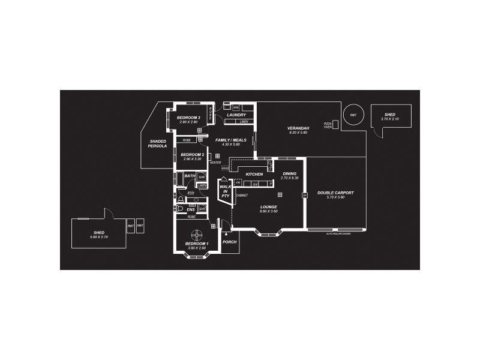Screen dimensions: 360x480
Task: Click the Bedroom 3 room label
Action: pos(188,117)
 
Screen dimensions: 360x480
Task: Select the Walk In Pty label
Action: pos(226,191)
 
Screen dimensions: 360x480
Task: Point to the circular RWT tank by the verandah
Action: pos(353,114)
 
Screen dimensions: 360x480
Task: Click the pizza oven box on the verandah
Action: pos(335,124)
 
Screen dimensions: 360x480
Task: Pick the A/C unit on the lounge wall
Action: pos(304,195)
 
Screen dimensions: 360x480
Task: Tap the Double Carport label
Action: pos(335,193)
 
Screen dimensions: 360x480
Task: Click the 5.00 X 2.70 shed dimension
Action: pos(98,237)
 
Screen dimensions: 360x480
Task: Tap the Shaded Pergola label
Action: pos(158,143)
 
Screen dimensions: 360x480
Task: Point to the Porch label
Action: pos(229,242)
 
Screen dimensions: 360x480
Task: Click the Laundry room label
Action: pos(237,115)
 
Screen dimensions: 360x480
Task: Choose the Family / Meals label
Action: pos(231,140)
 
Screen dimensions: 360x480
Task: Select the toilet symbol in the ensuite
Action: pos(180,208)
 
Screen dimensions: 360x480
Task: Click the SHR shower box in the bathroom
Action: pos(202,177)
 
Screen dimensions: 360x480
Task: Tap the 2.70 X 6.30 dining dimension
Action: pos(290,178)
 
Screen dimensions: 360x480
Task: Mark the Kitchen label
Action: pos(255,174)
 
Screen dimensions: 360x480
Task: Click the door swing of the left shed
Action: pos(109,213)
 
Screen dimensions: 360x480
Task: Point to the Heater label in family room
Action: pos(215,163)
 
